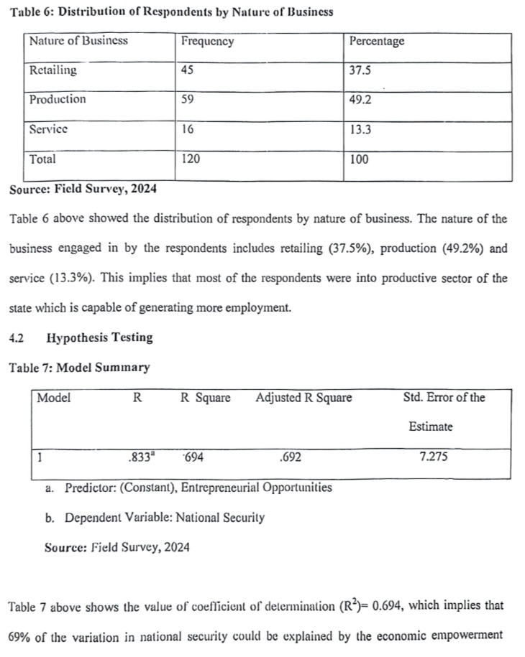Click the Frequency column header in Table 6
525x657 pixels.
(207, 41)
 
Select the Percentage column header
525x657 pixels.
(376, 41)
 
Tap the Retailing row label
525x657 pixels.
(52, 70)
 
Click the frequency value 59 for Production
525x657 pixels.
(188, 100)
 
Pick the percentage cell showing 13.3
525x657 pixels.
(360, 130)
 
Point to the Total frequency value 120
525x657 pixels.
(191, 159)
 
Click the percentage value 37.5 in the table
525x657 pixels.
(360, 70)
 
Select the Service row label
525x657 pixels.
(48, 129)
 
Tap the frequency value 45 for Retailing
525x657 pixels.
(188, 70)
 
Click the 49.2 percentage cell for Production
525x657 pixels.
(360, 100)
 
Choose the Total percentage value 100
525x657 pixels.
(359, 159)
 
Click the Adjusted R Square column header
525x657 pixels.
(303, 398)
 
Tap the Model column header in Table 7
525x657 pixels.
(53, 398)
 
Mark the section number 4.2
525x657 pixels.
(17, 337)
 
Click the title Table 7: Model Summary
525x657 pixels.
(79, 368)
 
